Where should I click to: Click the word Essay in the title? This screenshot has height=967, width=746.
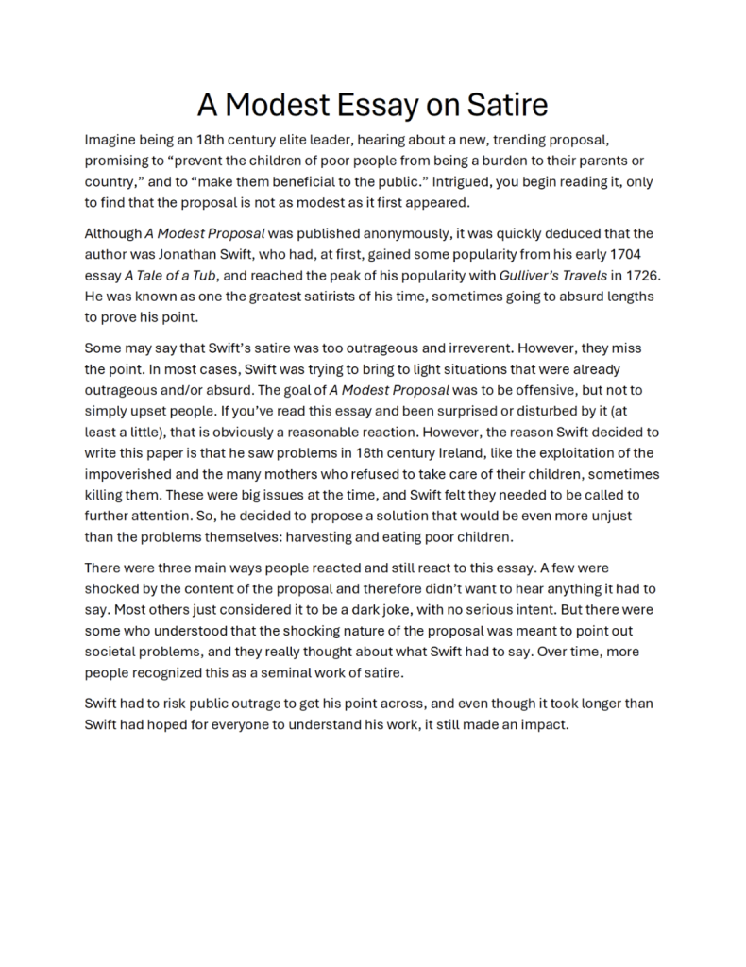tap(366, 103)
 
